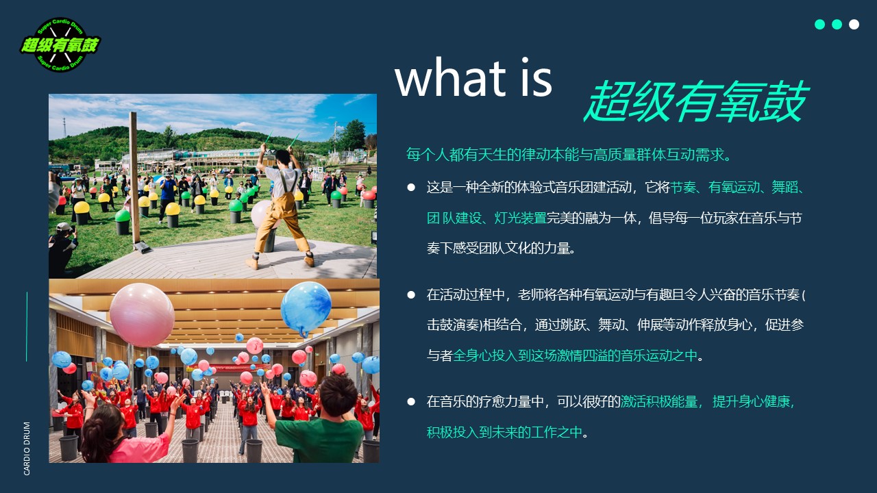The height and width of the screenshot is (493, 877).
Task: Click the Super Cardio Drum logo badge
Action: pyautogui.click(x=60, y=45)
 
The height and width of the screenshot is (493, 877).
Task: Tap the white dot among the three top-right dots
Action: pyautogui.click(x=854, y=24)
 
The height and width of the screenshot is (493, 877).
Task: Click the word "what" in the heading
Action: pyautogui.click(x=451, y=77)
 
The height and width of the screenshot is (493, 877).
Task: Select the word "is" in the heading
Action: pyautogui.click(x=536, y=77)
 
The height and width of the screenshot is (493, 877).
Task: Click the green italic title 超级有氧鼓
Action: pyautogui.click(x=695, y=101)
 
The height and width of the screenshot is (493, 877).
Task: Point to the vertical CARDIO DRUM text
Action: pyautogui.click(x=27, y=448)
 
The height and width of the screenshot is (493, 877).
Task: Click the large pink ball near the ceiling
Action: pyautogui.click(x=142, y=315)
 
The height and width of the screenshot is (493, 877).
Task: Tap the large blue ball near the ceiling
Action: pyautogui.click(x=306, y=308)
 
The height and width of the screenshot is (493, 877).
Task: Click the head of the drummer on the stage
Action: pyautogui.click(x=283, y=157)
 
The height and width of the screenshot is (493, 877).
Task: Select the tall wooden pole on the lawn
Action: pyautogui.click(x=136, y=178)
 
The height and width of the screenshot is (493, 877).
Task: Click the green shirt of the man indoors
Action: pyautogui.click(x=319, y=440)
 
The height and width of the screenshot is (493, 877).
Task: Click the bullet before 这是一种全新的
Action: pyautogui.click(x=411, y=188)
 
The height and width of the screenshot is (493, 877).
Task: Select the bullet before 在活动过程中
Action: pyautogui.click(x=411, y=294)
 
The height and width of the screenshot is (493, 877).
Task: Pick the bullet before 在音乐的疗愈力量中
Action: pyautogui.click(x=411, y=401)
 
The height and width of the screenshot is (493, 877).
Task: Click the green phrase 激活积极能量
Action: pyautogui.click(x=659, y=402)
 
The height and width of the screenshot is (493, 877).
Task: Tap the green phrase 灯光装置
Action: pyautogui.click(x=520, y=218)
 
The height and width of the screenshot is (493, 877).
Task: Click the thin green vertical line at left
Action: pyautogui.click(x=27, y=327)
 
